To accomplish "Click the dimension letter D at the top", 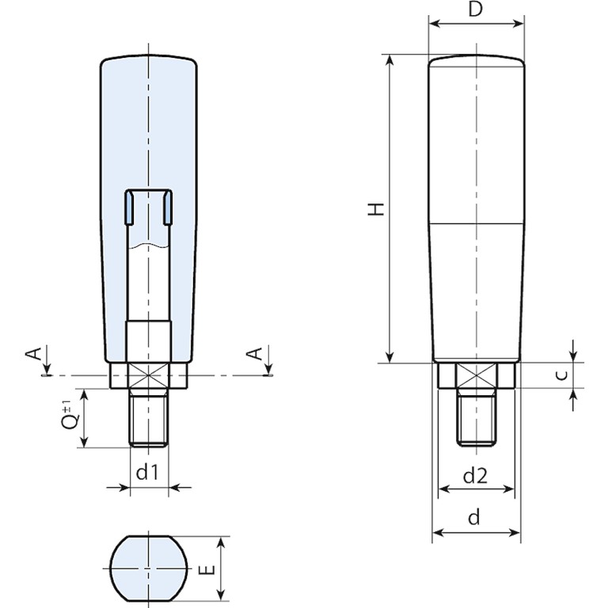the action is pyautogui.click(x=475, y=9).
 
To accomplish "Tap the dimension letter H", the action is pyautogui.click(x=376, y=209).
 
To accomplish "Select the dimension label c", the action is pyautogui.click(x=564, y=375).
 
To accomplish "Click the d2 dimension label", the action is pyautogui.click(x=475, y=475).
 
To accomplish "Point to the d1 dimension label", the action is pyautogui.click(x=148, y=472).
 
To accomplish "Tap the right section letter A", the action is pyautogui.click(x=255, y=354).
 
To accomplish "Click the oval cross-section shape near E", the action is pyautogui.click(x=149, y=568).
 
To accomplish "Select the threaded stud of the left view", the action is pyautogui.click(x=149, y=418).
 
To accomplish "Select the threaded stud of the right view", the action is pyautogui.click(x=477, y=417).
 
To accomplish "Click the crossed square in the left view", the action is pyautogui.click(x=149, y=375).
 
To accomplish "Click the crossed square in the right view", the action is pyautogui.click(x=477, y=375).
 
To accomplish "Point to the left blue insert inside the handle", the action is pyautogui.click(x=128, y=208).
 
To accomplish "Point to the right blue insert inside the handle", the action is pyautogui.click(x=168, y=208).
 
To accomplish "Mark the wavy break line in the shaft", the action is pyautogui.click(x=149, y=246).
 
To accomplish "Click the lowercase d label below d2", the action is pyautogui.click(x=474, y=517).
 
